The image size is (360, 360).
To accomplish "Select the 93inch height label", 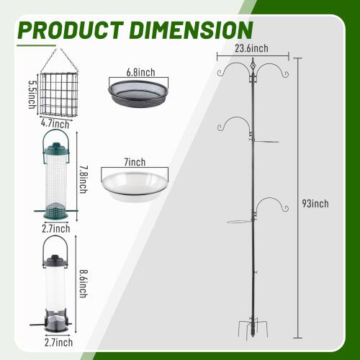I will pyautogui.click(x=315, y=204).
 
